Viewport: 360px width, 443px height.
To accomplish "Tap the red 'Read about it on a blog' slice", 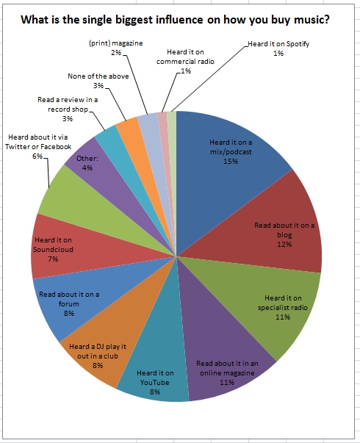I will coord(283,228).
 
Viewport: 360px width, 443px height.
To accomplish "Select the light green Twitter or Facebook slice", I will coord(62,195).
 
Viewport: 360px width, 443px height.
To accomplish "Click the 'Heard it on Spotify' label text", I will coord(278,45).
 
